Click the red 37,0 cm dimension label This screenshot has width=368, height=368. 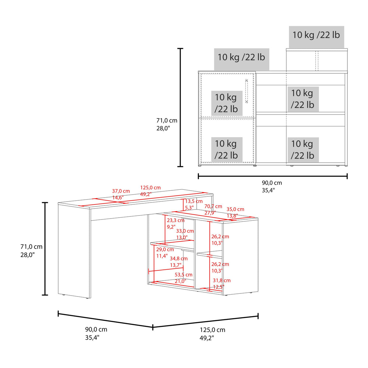point(121,191)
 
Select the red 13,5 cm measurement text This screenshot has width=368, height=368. point(194,201)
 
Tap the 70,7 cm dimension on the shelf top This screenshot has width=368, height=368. point(213,206)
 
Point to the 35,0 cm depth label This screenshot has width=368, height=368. point(235,209)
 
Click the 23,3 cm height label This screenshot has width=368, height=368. point(175,220)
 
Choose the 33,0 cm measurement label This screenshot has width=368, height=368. point(185,231)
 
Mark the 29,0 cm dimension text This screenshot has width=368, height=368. point(165,249)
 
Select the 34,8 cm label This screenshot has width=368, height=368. point(179,259)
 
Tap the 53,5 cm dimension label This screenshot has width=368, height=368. point(183,275)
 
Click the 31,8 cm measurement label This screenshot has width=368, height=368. point(222,280)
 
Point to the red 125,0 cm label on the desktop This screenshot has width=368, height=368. point(150,188)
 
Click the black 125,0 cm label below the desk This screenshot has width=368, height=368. point(212,330)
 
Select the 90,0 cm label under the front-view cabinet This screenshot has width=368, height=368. point(272,183)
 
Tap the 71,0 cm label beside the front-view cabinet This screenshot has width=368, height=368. point(167,121)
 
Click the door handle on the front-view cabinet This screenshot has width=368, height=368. point(246,91)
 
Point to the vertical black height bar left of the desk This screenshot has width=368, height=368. point(45,249)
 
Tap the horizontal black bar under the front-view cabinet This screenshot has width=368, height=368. point(273,176)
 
